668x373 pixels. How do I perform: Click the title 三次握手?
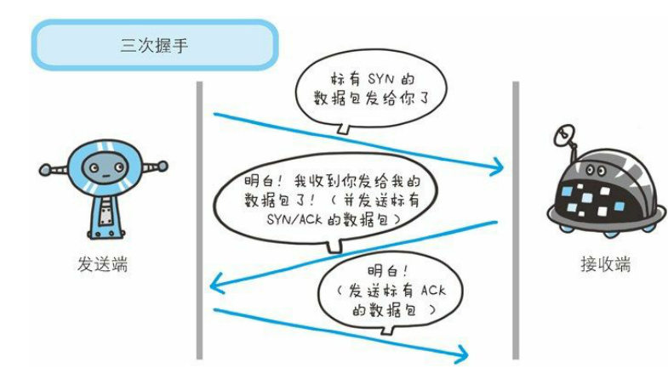coord(155,43)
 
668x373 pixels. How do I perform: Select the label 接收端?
coord(600,264)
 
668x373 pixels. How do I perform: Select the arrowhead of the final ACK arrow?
coord(464,350)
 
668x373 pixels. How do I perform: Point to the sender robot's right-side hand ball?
coord(163,167)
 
